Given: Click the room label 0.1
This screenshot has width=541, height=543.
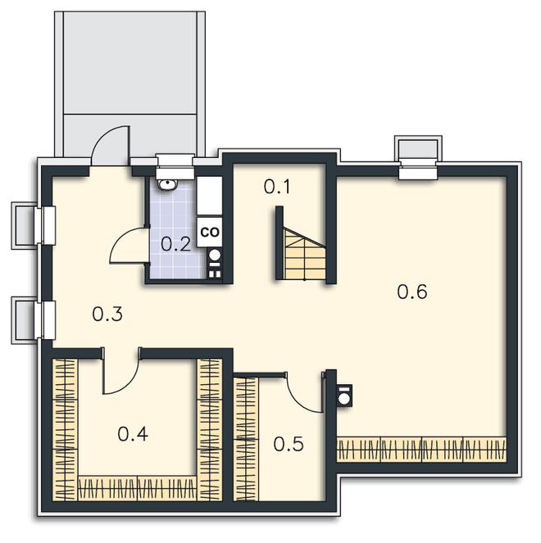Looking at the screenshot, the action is click(277, 187).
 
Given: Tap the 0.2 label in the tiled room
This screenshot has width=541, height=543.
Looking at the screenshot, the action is click(176, 244).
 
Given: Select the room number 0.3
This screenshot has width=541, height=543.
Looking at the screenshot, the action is click(107, 314).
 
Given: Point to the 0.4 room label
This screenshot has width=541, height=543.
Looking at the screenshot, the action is click(133, 434).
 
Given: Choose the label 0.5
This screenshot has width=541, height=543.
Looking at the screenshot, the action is click(289, 444).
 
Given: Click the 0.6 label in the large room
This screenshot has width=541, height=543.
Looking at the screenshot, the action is click(412, 292).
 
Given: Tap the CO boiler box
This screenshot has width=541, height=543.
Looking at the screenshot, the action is click(210, 232).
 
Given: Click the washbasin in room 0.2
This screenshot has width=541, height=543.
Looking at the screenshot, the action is click(168, 184).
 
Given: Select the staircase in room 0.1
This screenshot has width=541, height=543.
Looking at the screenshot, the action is click(305, 254).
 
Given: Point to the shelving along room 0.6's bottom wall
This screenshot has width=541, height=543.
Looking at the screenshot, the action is click(422, 450).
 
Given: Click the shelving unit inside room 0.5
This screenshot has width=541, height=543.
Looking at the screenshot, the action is click(246, 439).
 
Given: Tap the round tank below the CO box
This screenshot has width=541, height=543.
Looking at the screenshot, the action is click(215, 256).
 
